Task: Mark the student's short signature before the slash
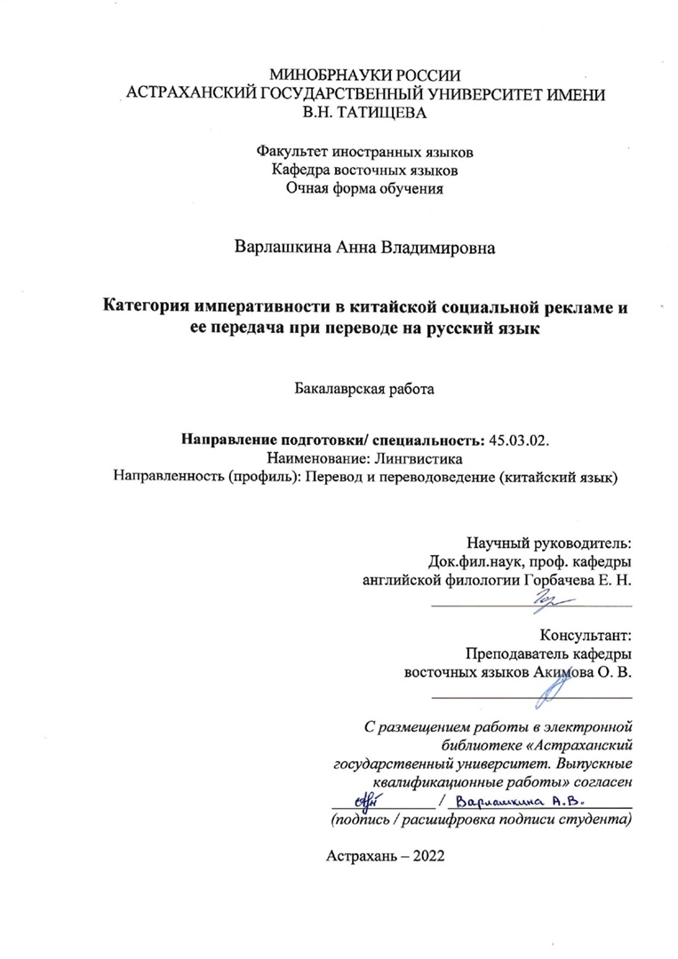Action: pyautogui.click(x=363, y=797)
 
